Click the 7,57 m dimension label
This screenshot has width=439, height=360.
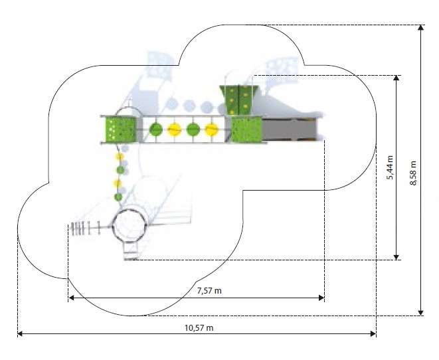[x=209, y=291]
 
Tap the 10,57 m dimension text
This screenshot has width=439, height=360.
[x=199, y=327]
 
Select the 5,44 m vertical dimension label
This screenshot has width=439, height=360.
[x=390, y=167]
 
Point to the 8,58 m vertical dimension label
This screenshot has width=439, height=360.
[x=414, y=173]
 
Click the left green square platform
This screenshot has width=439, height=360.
[x=120, y=129]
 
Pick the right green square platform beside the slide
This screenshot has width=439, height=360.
[x=246, y=130]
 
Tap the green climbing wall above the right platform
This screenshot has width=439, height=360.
[x=238, y=100]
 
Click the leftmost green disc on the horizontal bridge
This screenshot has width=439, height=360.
[x=156, y=130]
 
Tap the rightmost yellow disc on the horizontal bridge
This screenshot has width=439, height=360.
[x=212, y=130]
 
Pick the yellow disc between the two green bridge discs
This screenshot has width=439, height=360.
[x=175, y=130]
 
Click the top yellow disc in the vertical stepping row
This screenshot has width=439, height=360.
[x=121, y=157]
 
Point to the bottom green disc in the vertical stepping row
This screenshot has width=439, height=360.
[x=118, y=197]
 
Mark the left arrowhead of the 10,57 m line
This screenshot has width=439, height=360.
[x=20, y=333]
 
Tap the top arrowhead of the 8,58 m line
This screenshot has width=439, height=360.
[x=420, y=28]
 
